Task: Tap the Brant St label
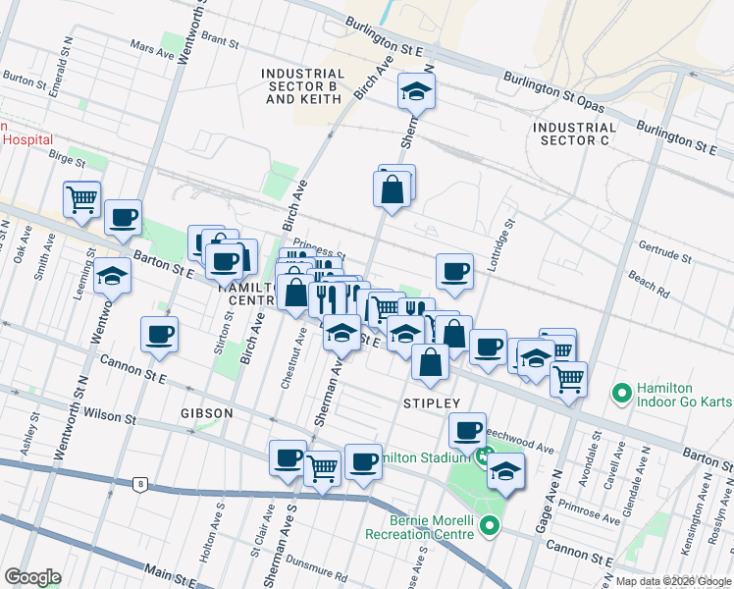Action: click(220, 42)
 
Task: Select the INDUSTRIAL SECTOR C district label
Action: click(575, 134)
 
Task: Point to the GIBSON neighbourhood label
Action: click(207, 413)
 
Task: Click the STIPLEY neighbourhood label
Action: click(432, 403)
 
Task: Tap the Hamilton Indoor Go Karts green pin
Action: click(620, 394)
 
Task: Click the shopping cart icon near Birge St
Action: click(82, 198)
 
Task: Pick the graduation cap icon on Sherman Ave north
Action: click(417, 92)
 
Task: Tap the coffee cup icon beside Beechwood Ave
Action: click(468, 429)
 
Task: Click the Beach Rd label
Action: click(649, 286)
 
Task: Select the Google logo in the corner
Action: click(32, 576)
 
